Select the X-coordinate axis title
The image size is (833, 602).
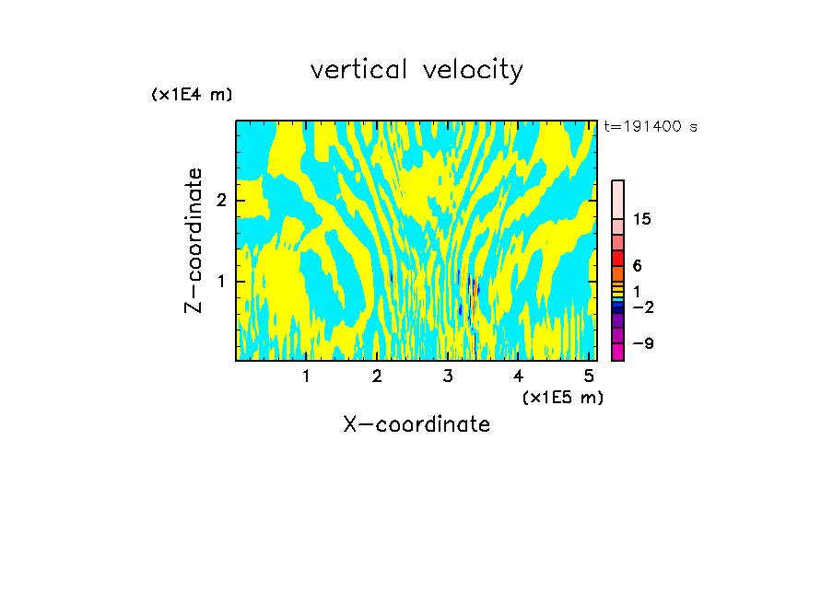point(416,424)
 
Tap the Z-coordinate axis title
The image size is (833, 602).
point(194,240)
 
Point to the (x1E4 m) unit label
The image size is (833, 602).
point(192,95)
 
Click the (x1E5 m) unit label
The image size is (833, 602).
point(563,397)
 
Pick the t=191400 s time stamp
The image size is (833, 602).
point(650,126)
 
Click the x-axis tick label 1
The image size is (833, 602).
point(306,376)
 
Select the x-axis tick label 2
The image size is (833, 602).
point(377,376)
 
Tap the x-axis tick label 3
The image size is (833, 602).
point(448,376)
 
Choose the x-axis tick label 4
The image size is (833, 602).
point(518,376)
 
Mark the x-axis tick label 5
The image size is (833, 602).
point(589,376)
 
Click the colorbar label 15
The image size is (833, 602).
point(642,220)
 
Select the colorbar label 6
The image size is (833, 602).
point(638,266)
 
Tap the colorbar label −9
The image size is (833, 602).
point(642,344)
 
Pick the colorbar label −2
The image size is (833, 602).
point(642,307)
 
